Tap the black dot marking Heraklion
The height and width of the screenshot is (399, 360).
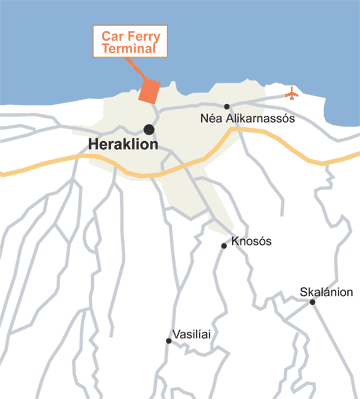pos(149,128)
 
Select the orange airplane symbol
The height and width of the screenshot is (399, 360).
pos(292,95)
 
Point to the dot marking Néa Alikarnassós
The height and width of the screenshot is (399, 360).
pos(228,105)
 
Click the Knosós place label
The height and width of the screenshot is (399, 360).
pos(251,241)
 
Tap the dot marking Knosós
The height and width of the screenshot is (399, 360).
pos(224,245)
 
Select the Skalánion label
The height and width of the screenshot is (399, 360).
pos(326,292)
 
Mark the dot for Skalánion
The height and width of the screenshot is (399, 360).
pos(313,303)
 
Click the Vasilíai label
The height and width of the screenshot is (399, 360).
pos(194,333)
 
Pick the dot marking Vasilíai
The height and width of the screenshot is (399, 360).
pos(168,341)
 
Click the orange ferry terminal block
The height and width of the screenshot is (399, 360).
pos(149,90)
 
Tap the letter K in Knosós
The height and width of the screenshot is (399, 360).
pos(235,241)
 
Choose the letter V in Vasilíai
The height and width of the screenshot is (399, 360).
pos(177,333)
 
